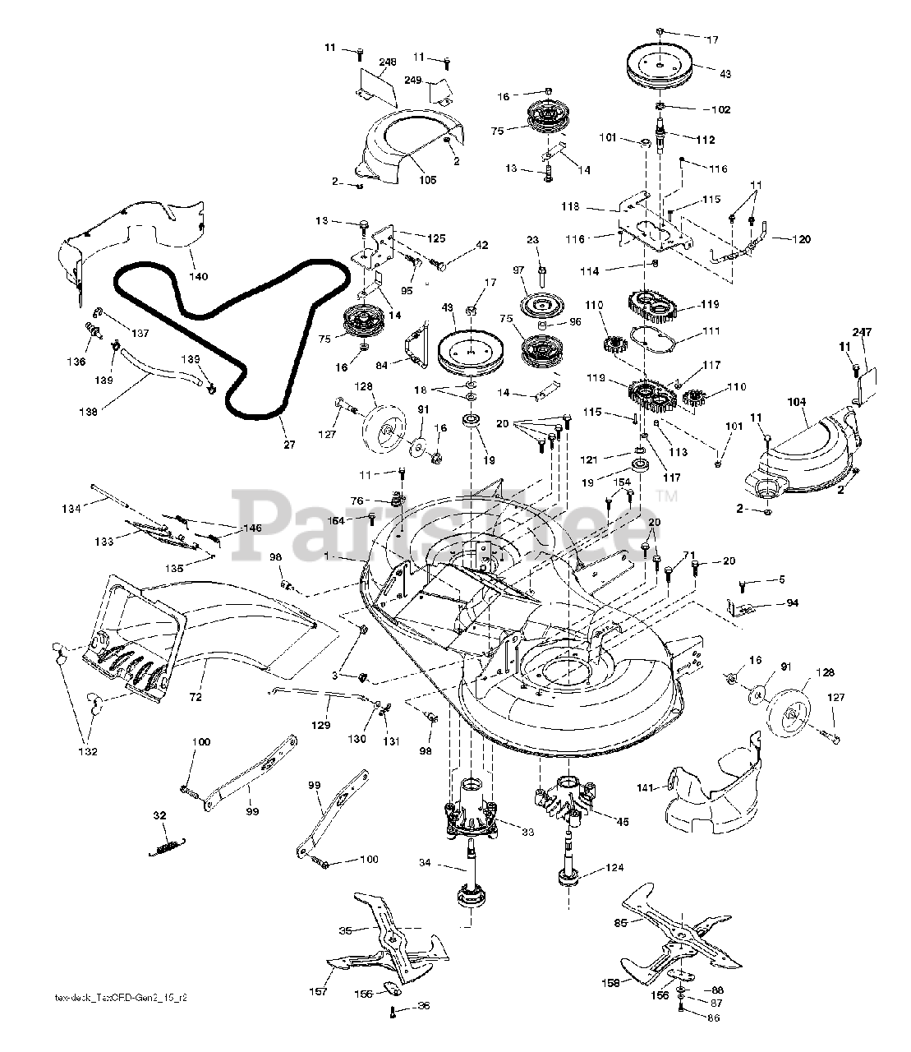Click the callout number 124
point(615,868)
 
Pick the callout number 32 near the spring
point(159,816)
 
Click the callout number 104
point(797,403)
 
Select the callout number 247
point(861,331)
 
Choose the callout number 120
point(801,239)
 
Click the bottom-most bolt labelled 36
point(394,1010)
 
